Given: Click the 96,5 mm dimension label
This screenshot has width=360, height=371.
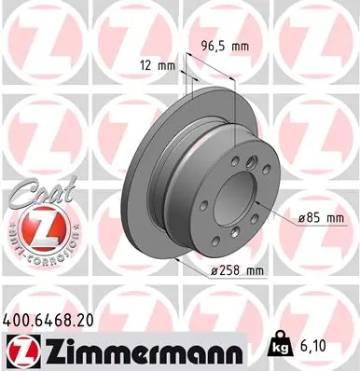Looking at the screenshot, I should point(227,44).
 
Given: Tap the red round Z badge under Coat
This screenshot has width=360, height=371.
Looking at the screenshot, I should point(36,229).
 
